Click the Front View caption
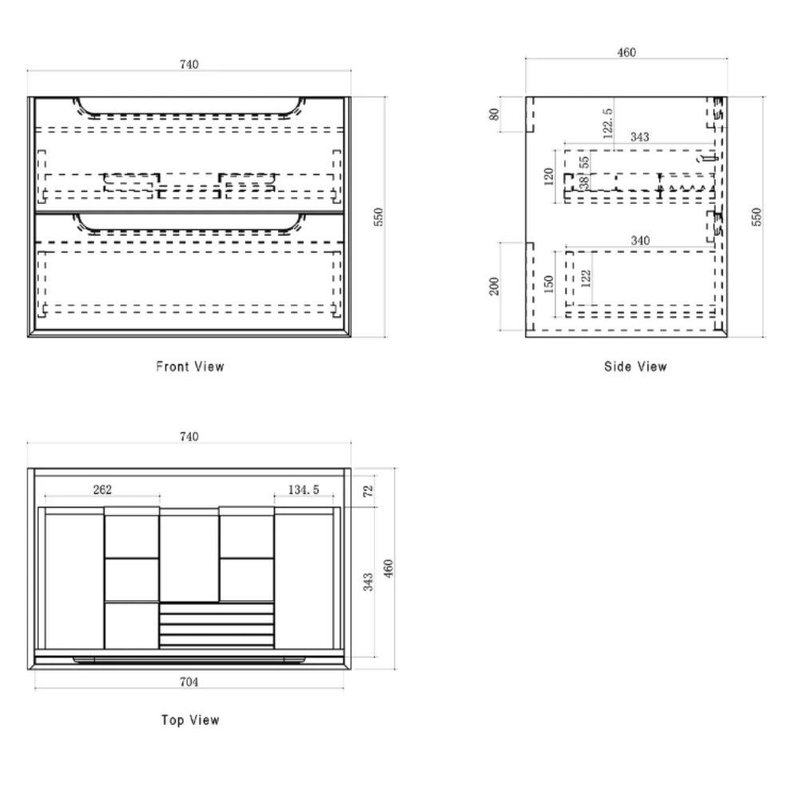click(x=190, y=367)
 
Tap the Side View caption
click(x=635, y=367)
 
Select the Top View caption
click(x=190, y=720)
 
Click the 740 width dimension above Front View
click(x=189, y=64)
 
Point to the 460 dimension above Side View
click(x=626, y=52)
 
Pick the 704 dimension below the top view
click(x=189, y=682)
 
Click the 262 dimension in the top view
click(x=102, y=489)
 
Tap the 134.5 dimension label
click(x=304, y=490)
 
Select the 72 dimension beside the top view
click(x=368, y=491)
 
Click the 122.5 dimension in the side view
click(x=607, y=123)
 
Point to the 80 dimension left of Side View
click(x=494, y=114)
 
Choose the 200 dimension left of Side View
click(x=494, y=286)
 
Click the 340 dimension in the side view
click(x=640, y=240)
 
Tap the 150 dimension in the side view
click(x=548, y=284)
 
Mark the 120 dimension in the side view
click(x=548, y=177)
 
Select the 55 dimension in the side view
click(x=585, y=162)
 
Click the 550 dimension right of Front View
click(x=378, y=217)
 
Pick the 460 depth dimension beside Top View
click(x=388, y=568)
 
